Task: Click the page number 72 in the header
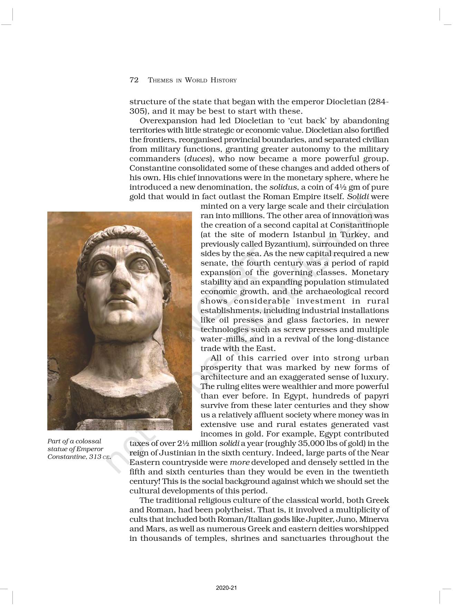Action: pos(134,80)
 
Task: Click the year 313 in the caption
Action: pos(95,457)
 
